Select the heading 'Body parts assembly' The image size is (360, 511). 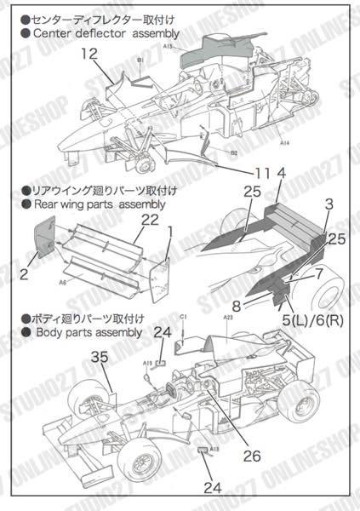79,332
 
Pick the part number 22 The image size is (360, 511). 150,221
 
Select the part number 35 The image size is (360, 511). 99,360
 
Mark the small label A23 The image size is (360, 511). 228,317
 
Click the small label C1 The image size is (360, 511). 184,317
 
